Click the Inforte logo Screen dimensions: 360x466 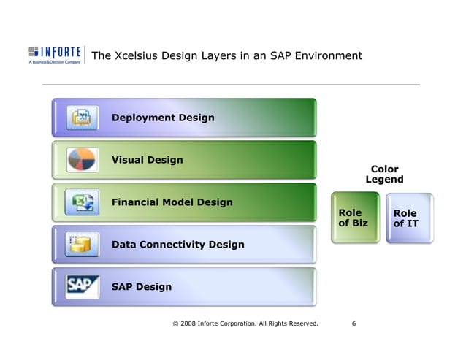pos(55,55)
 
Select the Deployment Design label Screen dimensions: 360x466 pos(162,118)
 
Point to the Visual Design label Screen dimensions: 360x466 pos(147,160)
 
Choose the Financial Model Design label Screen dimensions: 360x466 pos(172,202)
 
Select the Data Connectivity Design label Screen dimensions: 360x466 pos(177,244)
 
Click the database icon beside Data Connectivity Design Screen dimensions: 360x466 pos(80,244)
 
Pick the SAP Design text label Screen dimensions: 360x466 pos(141,286)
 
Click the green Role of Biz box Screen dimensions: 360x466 pos(354,218)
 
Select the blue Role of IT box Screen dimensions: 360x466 pos(408,218)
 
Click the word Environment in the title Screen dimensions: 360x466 pos(329,56)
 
